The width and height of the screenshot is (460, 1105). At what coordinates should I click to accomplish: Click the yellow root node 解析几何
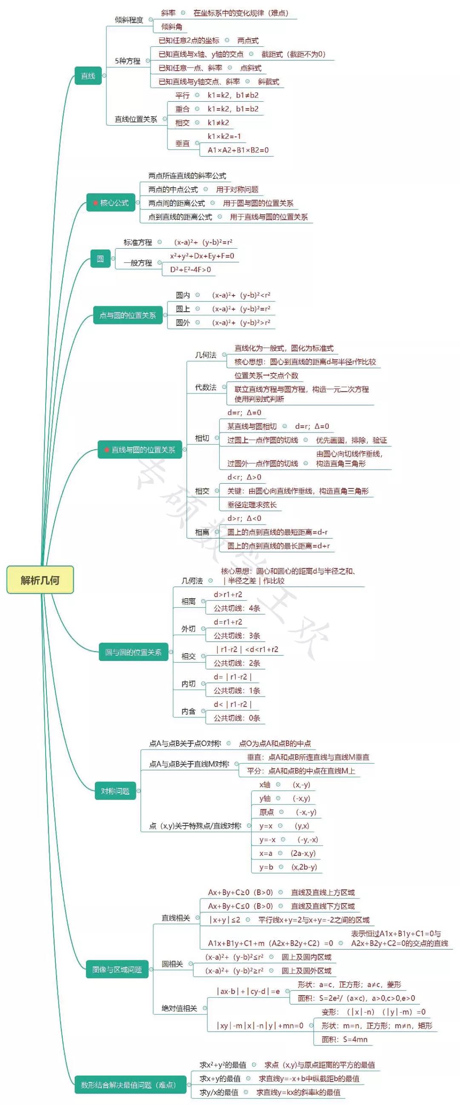tap(40, 580)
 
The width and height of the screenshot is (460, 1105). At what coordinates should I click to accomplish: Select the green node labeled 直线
tap(88, 76)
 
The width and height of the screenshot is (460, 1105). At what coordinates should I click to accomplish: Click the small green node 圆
tap(100, 259)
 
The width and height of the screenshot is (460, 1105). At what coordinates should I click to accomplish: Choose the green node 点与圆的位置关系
tap(127, 316)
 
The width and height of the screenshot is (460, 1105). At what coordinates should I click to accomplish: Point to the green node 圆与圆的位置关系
tap(133, 652)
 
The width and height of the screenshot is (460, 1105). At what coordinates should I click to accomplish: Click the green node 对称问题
tap(115, 791)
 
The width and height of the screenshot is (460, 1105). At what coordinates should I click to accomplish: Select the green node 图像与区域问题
tap(117, 970)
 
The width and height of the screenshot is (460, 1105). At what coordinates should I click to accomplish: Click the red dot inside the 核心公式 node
tap(95, 203)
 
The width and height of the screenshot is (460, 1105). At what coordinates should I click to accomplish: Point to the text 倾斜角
tap(172, 27)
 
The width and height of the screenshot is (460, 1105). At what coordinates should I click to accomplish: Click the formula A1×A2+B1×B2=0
tap(238, 150)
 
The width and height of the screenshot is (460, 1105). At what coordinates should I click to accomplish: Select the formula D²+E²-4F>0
tap(190, 270)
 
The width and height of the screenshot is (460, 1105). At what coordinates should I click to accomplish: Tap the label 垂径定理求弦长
tap(252, 505)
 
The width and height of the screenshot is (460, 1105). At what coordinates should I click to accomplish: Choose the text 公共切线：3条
tap(237, 636)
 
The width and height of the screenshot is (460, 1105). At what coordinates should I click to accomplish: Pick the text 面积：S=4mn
tap(344, 1039)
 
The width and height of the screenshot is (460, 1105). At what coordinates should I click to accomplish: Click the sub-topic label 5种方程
tap(127, 61)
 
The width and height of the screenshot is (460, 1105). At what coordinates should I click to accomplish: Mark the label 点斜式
tap(250, 68)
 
